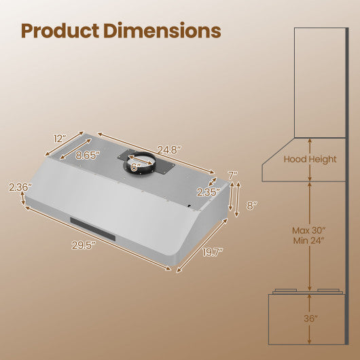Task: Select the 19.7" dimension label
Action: point(213,253)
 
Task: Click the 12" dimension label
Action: point(60,138)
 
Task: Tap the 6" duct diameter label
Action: point(135,166)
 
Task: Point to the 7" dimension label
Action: point(232,175)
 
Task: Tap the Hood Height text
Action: point(310,159)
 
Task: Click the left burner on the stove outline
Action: point(285,293)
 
